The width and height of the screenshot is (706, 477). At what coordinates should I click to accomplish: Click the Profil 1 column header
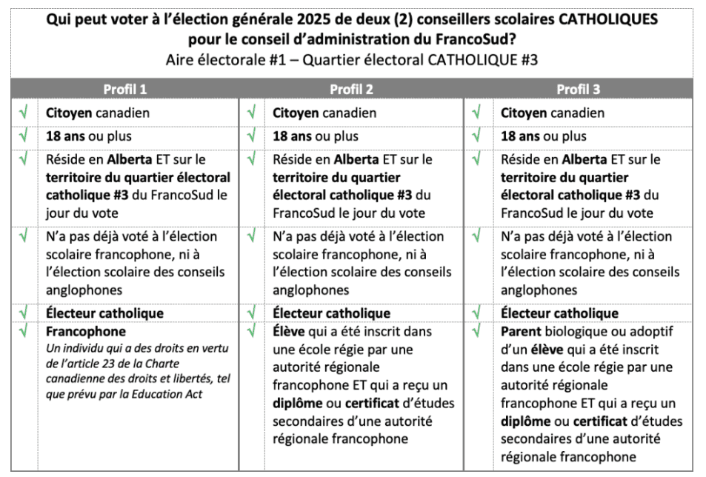pos(124,90)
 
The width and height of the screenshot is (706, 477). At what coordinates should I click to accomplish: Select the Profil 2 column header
pos(351,90)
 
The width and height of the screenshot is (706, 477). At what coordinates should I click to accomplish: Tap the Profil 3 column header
pos(579,90)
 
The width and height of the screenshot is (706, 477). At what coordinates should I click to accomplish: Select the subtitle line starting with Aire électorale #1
pos(353,60)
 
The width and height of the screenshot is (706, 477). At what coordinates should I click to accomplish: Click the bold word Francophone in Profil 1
pos(86,331)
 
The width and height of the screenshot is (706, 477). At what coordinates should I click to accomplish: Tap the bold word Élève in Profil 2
pos(290,331)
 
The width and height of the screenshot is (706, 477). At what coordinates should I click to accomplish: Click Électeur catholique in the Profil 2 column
pos(331,313)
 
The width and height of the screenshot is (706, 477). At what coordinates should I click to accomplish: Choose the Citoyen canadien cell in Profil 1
pos(98,113)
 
